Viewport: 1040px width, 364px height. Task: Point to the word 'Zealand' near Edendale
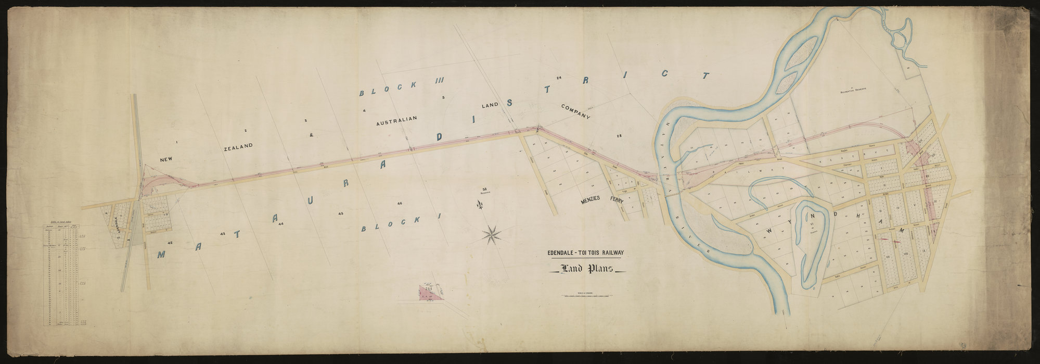click(238, 147)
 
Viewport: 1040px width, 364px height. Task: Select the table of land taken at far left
click(66, 274)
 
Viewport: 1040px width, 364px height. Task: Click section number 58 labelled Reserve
click(485, 190)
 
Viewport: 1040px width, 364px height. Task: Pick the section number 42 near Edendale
click(170, 243)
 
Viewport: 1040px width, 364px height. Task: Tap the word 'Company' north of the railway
click(576, 113)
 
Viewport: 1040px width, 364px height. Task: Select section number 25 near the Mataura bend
click(619, 136)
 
